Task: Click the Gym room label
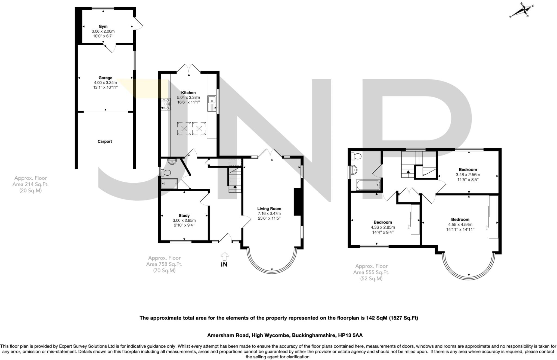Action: click(x=103, y=26)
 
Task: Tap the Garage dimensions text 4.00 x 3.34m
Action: click(x=105, y=83)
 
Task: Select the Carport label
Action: click(x=105, y=141)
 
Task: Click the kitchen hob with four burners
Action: click(x=166, y=104)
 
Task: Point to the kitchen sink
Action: click(x=211, y=103)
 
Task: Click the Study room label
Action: click(x=184, y=216)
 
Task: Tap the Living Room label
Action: click(x=269, y=209)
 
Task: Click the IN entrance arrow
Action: click(x=224, y=257)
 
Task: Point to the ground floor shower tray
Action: click(x=169, y=184)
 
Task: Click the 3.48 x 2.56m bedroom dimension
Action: click(x=468, y=175)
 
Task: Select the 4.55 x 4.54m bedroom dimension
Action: click(x=460, y=225)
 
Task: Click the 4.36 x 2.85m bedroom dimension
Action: click(x=383, y=227)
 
